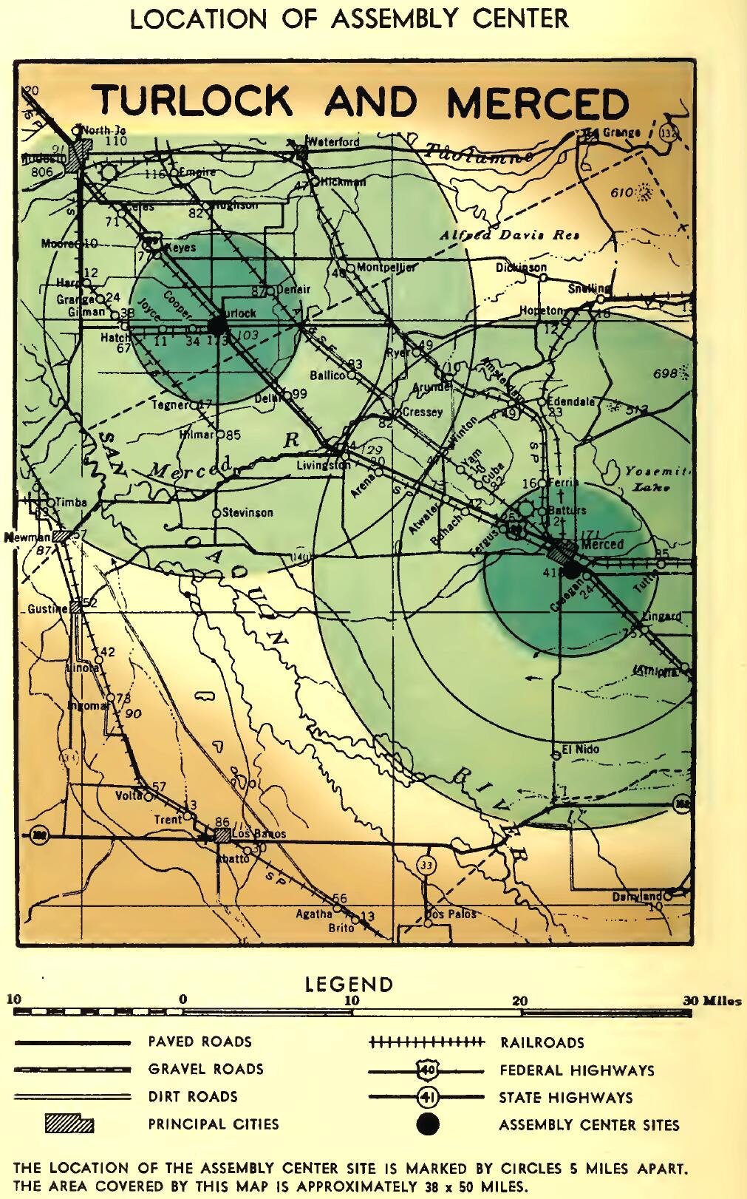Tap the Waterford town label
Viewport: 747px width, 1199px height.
(x=333, y=142)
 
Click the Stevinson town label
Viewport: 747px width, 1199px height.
(x=248, y=512)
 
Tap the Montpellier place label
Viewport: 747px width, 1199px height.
(x=385, y=268)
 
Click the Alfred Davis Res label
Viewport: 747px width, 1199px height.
(x=509, y=235)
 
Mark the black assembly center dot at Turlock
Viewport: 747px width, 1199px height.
(x=217, y=325)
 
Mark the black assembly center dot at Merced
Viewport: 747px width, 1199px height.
(x=572, y=569)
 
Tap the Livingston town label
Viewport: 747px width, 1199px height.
(x=324, y=466)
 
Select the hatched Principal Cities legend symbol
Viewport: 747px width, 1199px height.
(x=69, y=1124)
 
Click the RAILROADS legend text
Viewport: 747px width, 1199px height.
(x=542, y=1042)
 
